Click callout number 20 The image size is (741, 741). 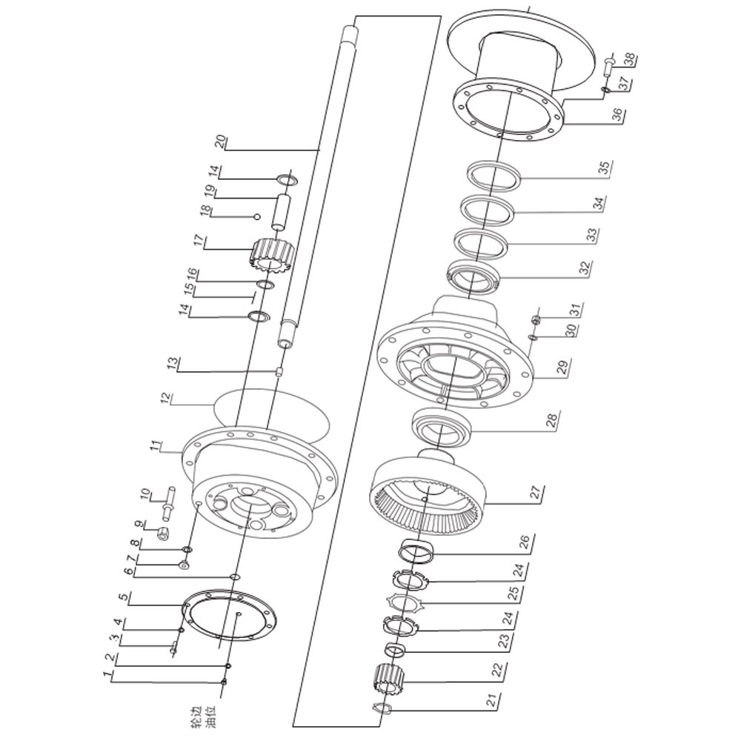(220, 142)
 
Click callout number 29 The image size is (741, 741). (564, 366)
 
